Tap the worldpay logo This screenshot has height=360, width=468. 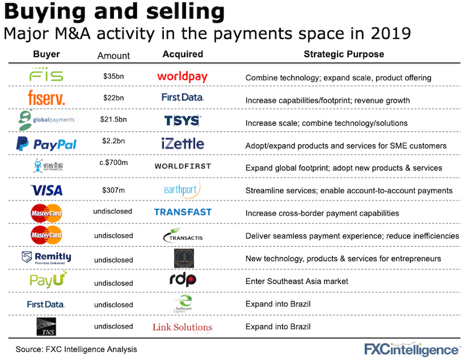pyautogui.click(x=183, y=77)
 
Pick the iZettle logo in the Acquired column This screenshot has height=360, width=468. pyautogui.click(x=183, y=143)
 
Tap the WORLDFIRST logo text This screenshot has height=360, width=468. pyautogui.click(x=183, y=167)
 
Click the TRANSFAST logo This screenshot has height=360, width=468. pyautogui.click(x=183, y=212)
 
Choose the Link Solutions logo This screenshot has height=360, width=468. pyautogui.click(x=183, y=327)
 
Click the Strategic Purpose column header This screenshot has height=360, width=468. pyautogui.click(x=343, y=54)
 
